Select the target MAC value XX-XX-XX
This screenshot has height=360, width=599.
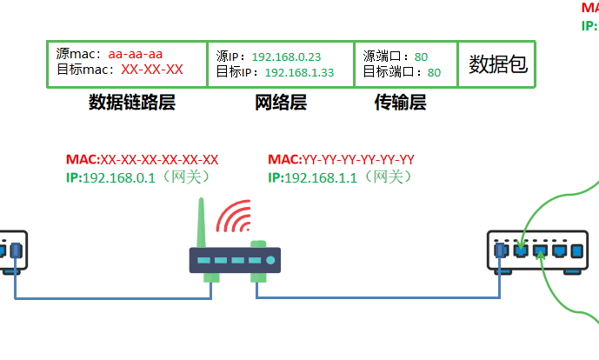coord(152,70)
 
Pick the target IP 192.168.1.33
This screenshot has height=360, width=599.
coord(299,73)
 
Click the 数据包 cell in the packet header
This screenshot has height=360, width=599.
coord(498,64)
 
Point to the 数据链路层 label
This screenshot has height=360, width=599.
coord(132,103)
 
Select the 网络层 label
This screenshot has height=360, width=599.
coord(281,103)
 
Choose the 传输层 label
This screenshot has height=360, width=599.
coord(400,103)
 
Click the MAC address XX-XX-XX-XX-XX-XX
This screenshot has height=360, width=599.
coord(159,160)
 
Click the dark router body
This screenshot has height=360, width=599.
coord(235,260)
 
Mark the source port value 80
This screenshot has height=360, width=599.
coord(421,57)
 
